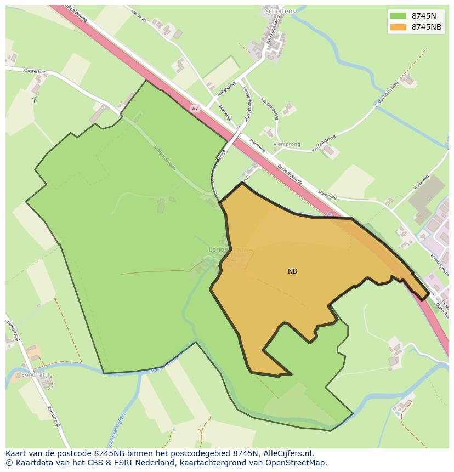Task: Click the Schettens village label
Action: tap(280, 11)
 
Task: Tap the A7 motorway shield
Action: tap(195, 109)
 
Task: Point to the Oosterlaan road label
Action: tap(36, 71)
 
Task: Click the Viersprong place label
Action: tap(287, 145)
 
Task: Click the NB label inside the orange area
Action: tap(292, 271)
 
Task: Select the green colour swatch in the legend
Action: tap(398, 16)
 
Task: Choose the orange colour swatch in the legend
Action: tap(398, 27)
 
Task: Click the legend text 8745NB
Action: tap(427, 27)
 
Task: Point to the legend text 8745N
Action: tap(424, 16)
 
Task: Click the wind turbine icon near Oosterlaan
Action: tap(35, 100)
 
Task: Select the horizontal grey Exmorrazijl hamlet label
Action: tap(35, 375)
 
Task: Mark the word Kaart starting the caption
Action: tap(17, 453)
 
